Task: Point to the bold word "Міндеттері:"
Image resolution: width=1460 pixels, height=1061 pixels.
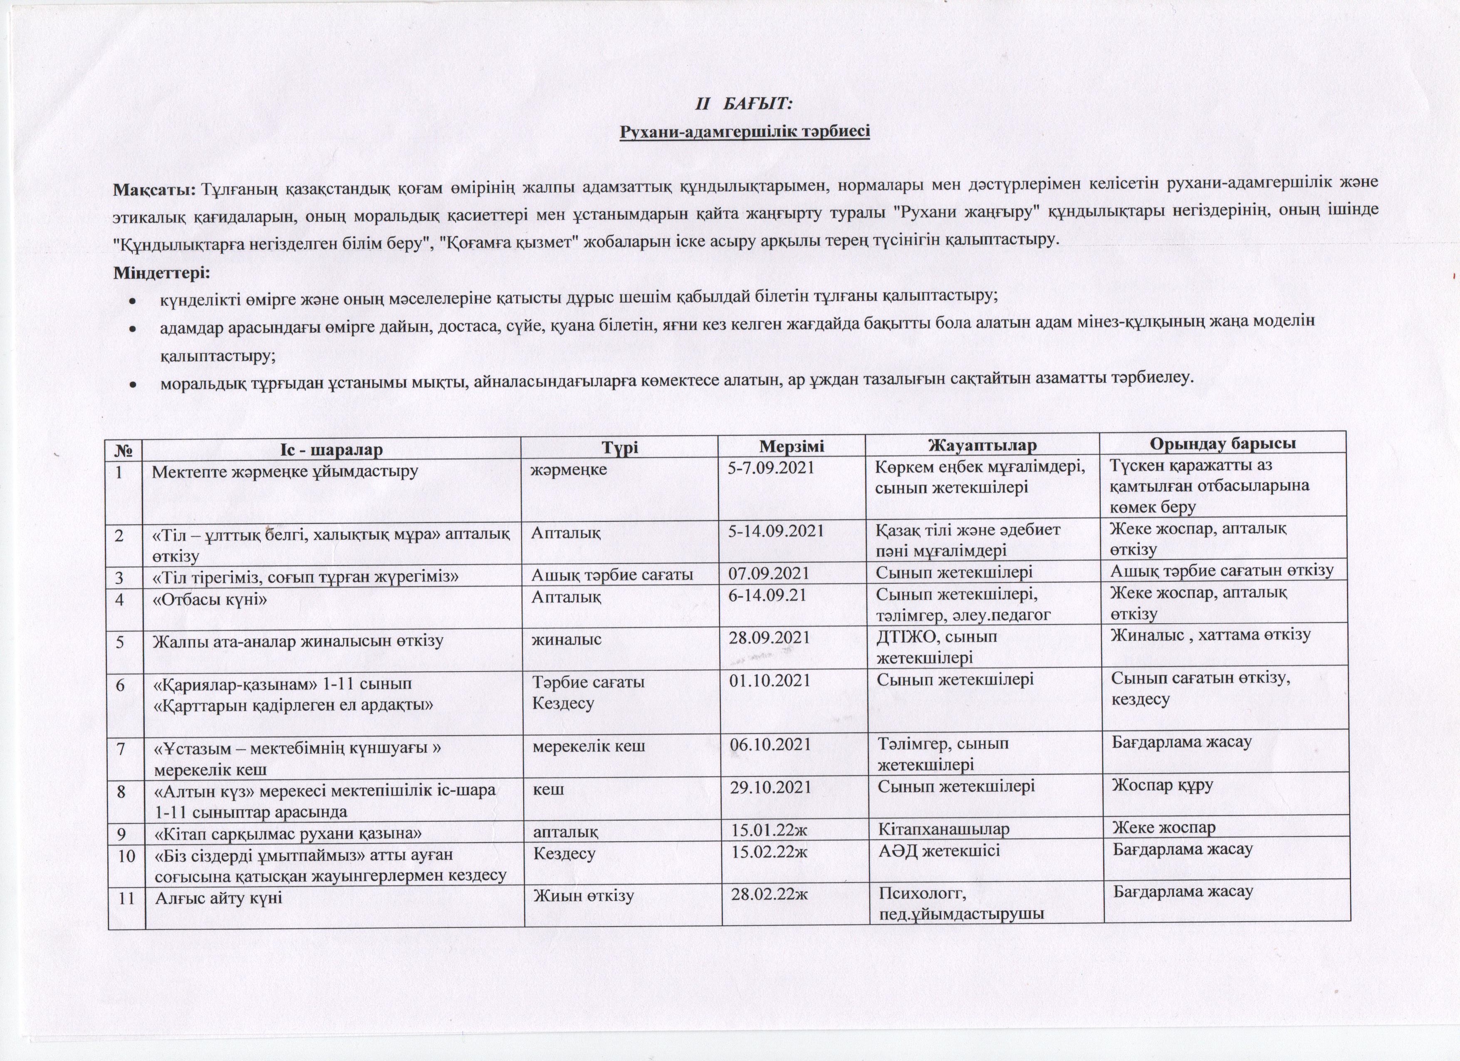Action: (161, 273)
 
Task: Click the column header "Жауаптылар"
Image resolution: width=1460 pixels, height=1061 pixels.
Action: (982, 446)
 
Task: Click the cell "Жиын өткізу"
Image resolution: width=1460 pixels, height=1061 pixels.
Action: (583, 895)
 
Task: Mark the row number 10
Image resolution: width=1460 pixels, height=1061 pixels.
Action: (126, 856)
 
